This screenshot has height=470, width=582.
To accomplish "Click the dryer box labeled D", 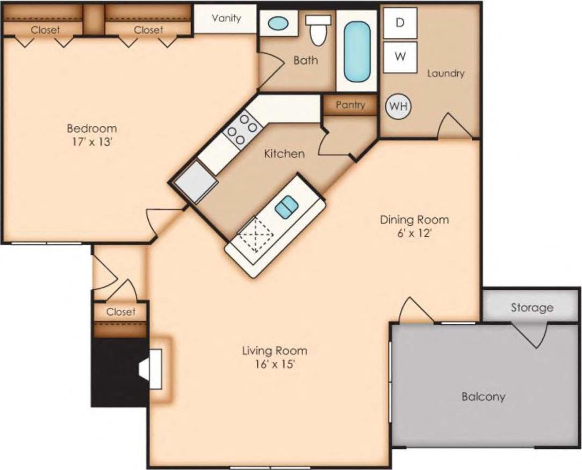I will click(x=399, y=23).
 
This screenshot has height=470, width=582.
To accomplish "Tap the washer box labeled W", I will click(x=399, y=57).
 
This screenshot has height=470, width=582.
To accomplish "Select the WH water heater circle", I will click(x=397, y=106).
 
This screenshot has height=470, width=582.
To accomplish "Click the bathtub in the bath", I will click(x=357, y=52).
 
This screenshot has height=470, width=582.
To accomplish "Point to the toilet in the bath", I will click(x=319, y=31).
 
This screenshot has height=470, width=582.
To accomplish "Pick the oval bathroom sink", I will click(x=277, y=24).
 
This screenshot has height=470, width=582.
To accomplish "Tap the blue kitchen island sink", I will click(x=286, y=206).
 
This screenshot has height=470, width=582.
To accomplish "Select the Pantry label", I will click(x=350, y=105).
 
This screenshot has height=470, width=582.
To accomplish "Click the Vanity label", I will click(x=226, y=18).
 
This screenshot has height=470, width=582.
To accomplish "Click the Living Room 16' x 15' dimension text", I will click(x=275, y=364).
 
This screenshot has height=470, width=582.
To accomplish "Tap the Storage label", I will click(x=531, y=308).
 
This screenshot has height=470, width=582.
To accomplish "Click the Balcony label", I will click(x=483, y=397).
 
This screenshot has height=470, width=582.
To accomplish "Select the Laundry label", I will click(x=446, y=73).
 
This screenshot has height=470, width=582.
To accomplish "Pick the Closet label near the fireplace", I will click(x=120, y=312).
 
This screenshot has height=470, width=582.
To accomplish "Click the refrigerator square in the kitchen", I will click(x=195, y=182).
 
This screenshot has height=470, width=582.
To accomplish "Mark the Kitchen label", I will click(x=284, y=154).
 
